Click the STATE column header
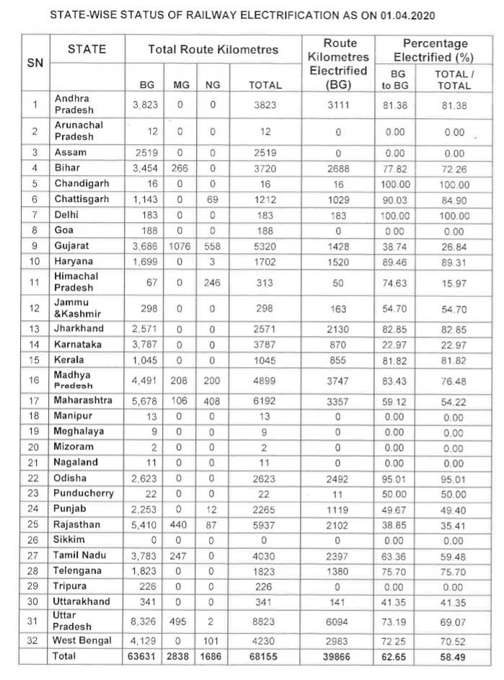tap(87, 49)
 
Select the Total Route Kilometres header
tap(213, 49)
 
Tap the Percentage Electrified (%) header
tap(435, 50)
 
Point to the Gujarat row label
tap(73, 245)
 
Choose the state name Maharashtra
tap(83, 400)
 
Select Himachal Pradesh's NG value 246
tap(211, 282)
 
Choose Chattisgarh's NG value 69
tap(211, 199)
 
